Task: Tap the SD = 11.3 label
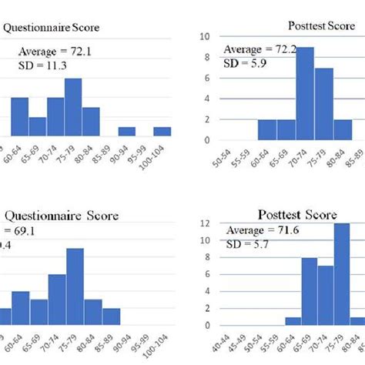click(x=39, y=69)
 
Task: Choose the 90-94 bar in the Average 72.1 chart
click(x=126, y=132)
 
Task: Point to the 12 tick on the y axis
click(x=204, y=223)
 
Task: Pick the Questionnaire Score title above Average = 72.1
click(x=52, y=29)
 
